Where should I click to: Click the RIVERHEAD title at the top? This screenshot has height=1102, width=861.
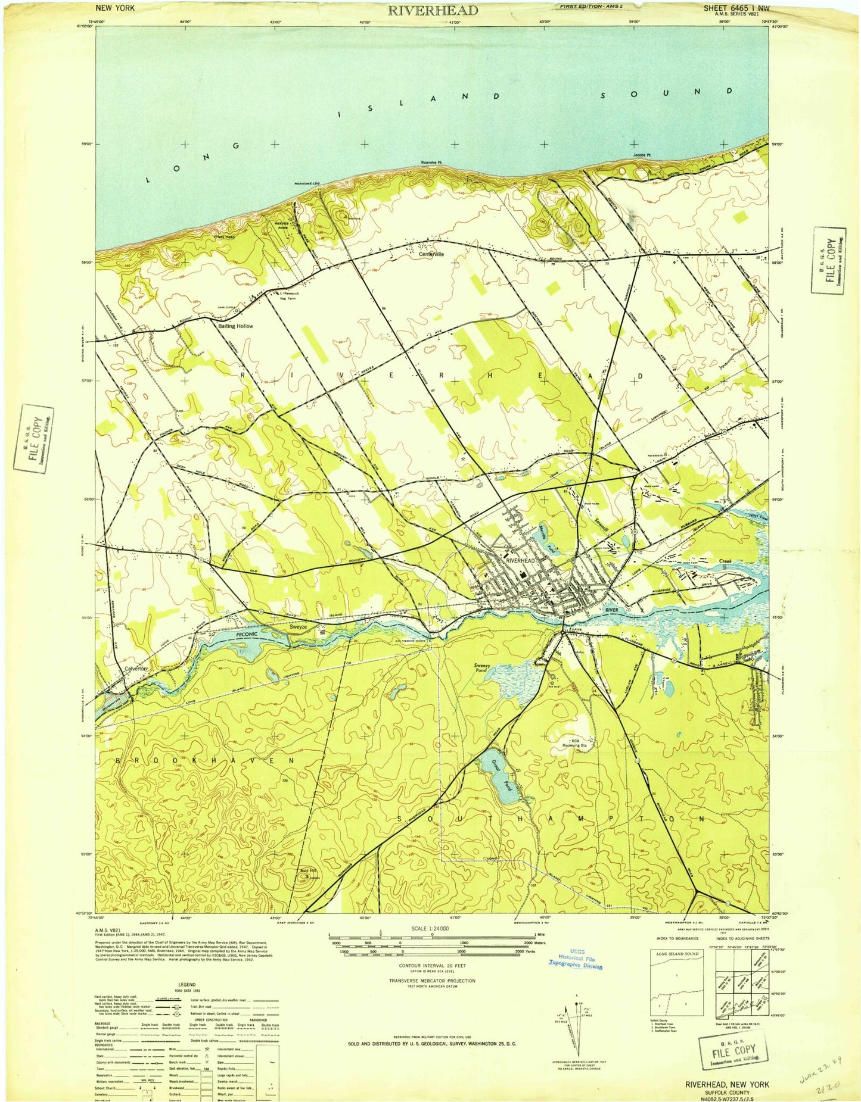pyautogui.click(x=433, y=10)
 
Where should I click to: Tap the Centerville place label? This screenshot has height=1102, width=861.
pyautogui.click(x=431, y=254)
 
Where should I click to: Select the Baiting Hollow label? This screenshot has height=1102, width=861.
pyautogui.click(x=235, y=326)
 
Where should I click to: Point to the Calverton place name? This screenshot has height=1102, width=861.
pyautogui.click(x=136, y=669)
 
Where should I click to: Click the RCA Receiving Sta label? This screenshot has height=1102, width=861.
pyautogui.click(x=576, y=742)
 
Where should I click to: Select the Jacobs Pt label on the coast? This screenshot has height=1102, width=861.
pyautogui.click(x=641, y=155)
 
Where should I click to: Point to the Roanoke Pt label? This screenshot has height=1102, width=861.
pyautogui.click(x=431, y=163)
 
